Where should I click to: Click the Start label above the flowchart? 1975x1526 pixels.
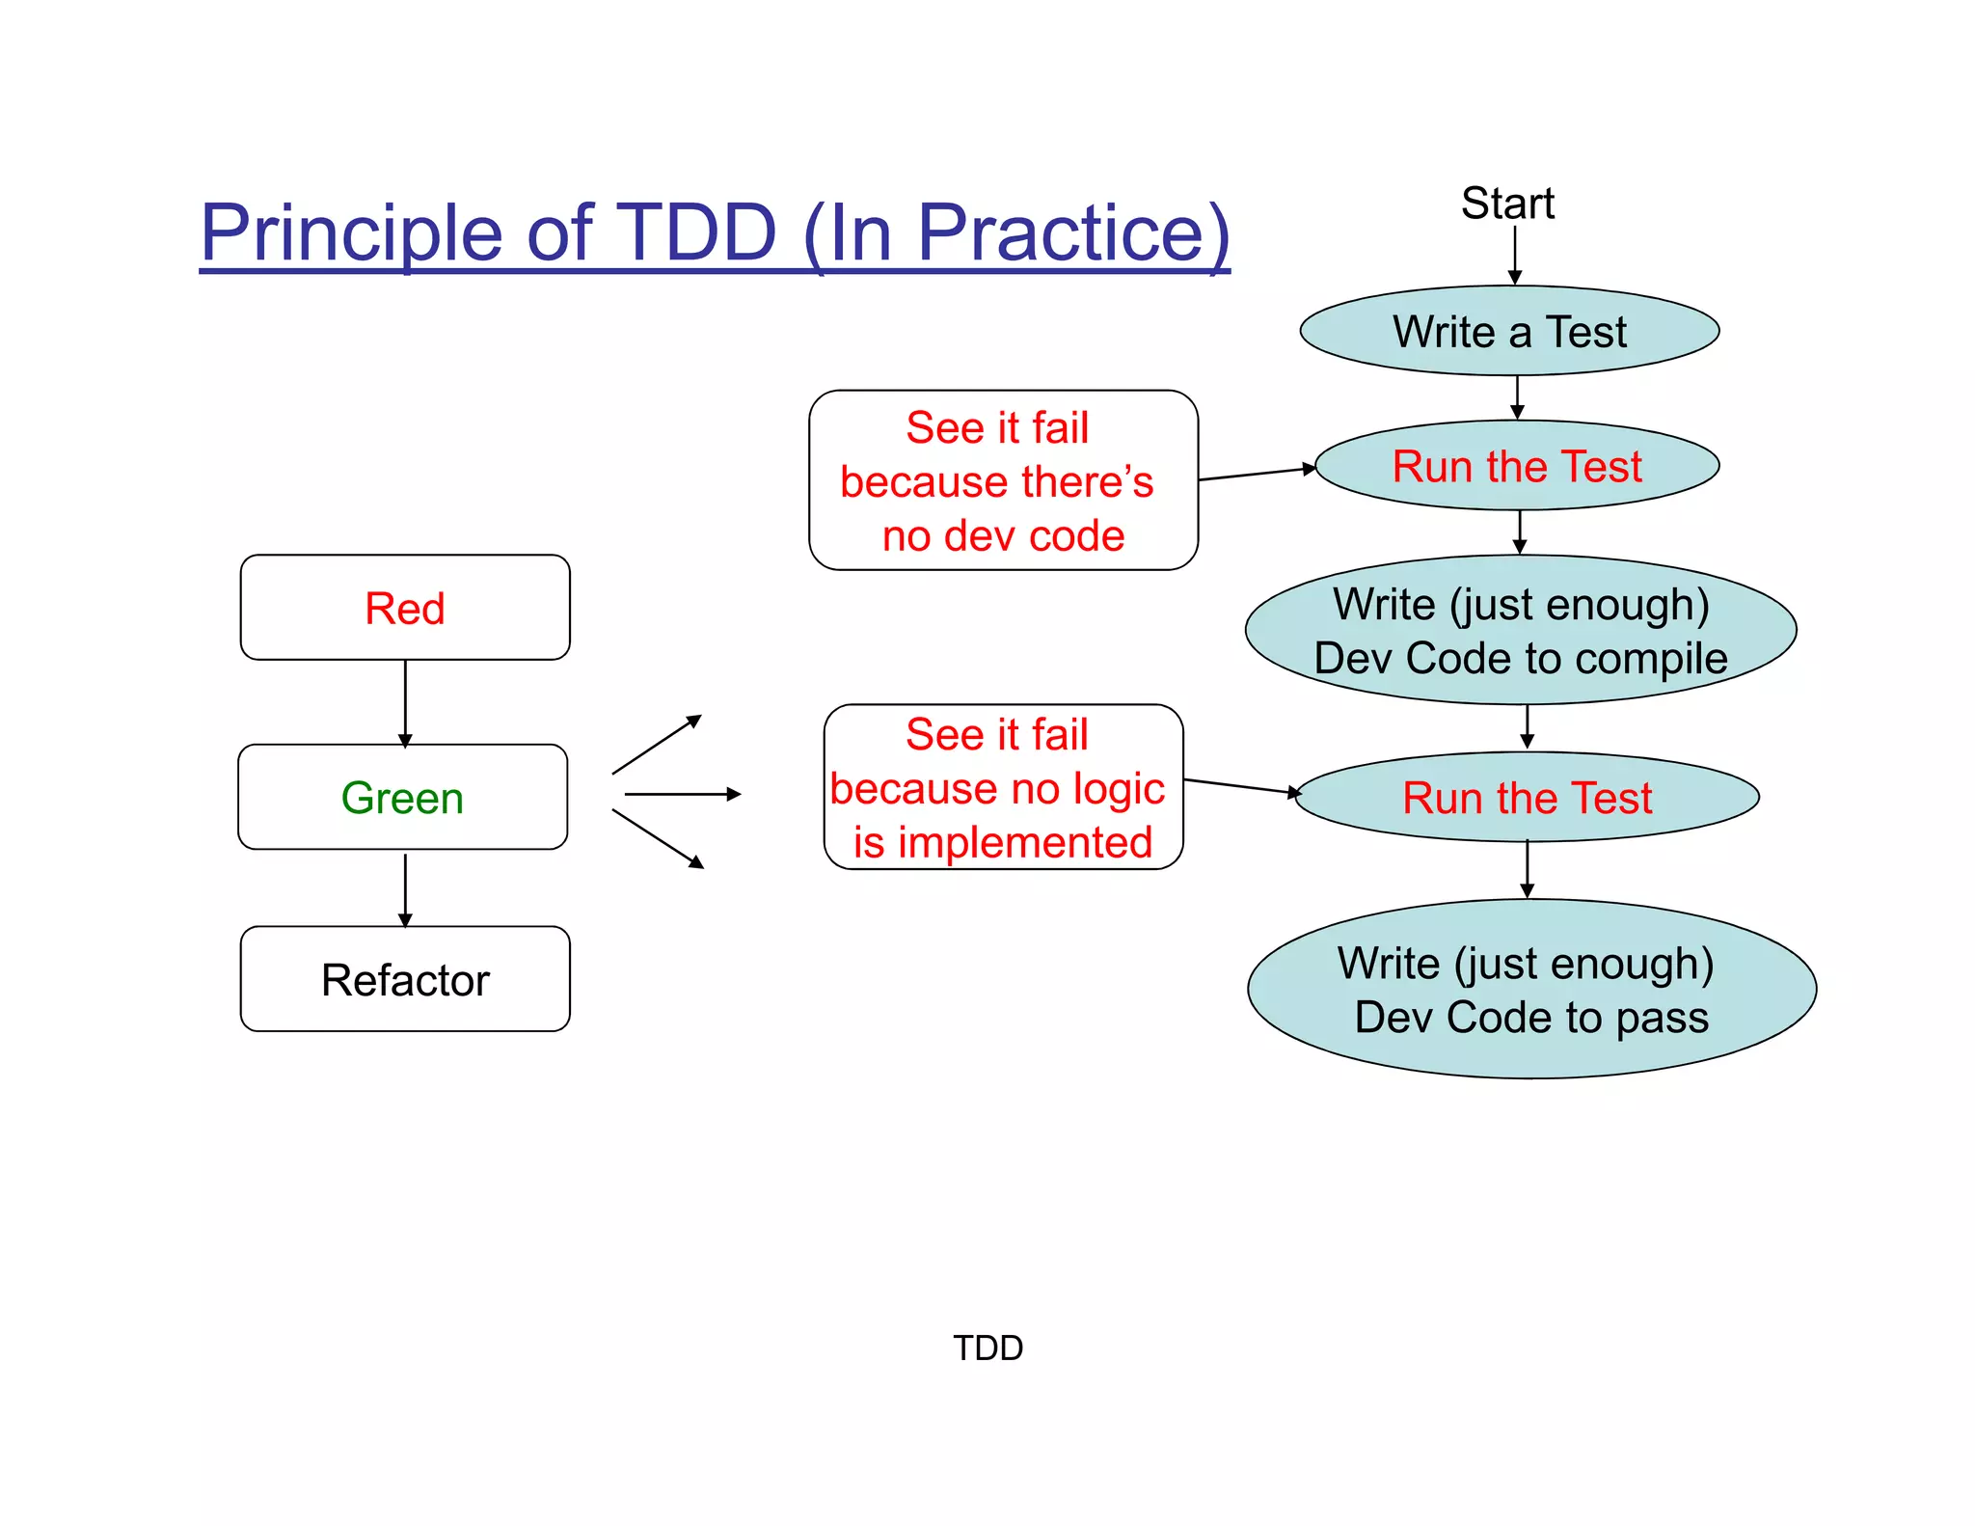tap(1506, 204)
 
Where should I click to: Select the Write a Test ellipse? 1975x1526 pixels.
tap(1509, 331)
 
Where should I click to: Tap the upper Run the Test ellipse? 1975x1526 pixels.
tap(1517, 466)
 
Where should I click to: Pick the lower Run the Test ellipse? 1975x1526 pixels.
tap(1527, 798)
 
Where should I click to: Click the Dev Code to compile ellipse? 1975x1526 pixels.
tap(1521, 631)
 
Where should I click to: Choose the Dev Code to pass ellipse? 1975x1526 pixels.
tap(1531, 990)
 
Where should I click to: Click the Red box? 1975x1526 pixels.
tap(405, 608)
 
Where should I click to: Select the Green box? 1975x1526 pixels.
tap(403, 798)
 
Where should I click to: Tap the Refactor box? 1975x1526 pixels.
tap(405, 980)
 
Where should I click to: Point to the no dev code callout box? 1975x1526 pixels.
tap(1003, 480)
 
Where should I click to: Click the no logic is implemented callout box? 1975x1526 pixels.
tap(1003, 787)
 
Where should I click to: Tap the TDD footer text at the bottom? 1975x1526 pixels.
tap(987, 1348)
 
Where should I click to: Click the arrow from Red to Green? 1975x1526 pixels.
tap(405, 702)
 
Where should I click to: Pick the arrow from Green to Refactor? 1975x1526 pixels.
tap(405, 888)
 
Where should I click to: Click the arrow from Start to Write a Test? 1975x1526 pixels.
tap(1514, 255)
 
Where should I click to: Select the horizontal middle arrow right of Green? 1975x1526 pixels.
tap(682, 794)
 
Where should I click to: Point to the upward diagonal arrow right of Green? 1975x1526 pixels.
tap(656, 745)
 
